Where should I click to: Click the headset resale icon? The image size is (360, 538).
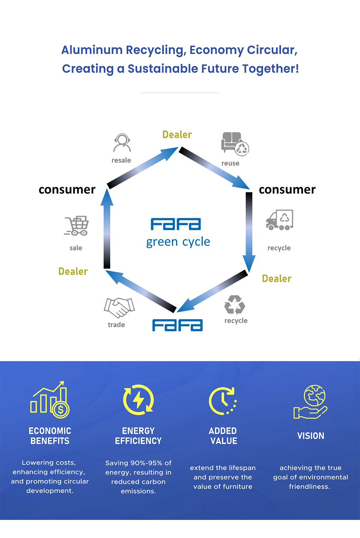click(x=122, y=143)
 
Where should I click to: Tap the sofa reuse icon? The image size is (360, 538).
click(x=235, y=144)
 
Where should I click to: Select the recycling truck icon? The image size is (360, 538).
click(x=279, y=220)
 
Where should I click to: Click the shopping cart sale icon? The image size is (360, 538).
click(x=76, y=226)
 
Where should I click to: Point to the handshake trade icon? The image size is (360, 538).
click(x=119, y=307)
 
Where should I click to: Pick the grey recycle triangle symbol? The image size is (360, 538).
click(x=235, y=305)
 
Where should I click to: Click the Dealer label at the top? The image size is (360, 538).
click(x=177, y=135)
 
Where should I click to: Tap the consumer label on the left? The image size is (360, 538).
click(x=67, y=190)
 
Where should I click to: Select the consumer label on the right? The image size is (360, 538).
click(x=287, y=190)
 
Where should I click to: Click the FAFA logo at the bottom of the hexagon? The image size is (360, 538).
click(x=177, y=325)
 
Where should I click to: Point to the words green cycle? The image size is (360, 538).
click(x=178, y=242)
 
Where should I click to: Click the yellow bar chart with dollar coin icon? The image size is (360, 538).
click(x=50, y=400)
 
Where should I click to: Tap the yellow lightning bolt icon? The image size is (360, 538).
click(x=138, y=400)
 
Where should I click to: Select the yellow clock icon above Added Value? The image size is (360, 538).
click(x=223, y=401)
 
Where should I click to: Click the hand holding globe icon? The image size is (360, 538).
click(x=311, y=402)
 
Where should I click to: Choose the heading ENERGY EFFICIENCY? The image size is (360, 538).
click(x=138, y=436)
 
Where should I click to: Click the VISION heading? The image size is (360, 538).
click(x=311, y=436)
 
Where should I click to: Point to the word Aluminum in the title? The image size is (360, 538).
click(x=92, y=50)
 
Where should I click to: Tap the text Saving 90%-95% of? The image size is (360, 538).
click(x=138, y=463)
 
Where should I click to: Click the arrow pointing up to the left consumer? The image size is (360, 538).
click(x=107, y=228)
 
